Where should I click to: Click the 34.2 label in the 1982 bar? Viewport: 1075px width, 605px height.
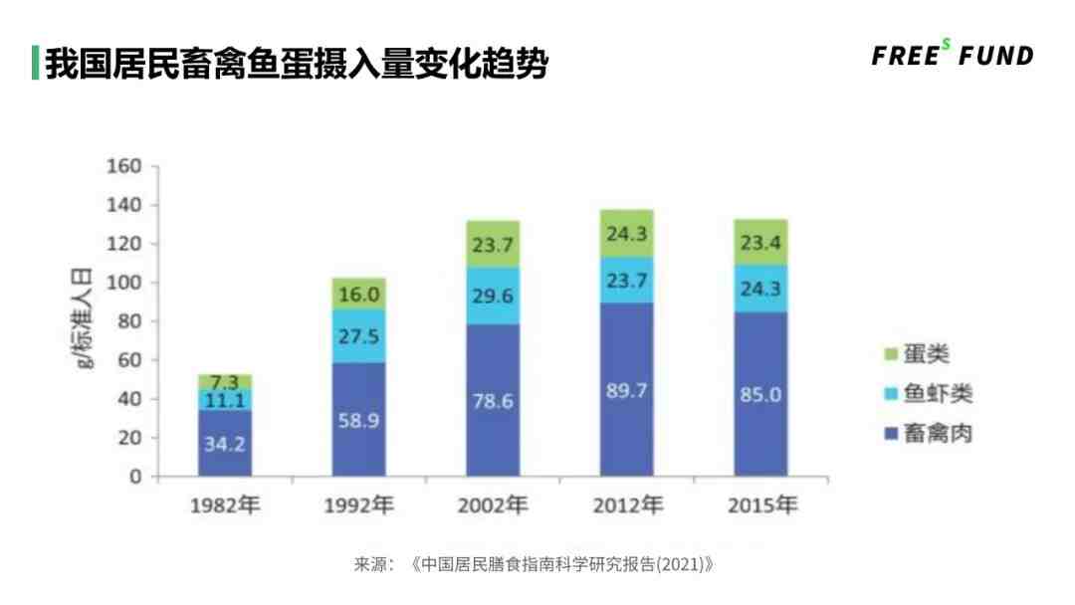click(224, 444)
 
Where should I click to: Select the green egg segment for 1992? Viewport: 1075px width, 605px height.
click(358, 294)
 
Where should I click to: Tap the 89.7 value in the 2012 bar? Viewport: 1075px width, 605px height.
click(626, 391)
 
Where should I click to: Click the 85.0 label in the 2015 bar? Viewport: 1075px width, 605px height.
click(760, 395)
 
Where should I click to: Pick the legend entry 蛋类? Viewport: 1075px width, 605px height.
click(917, 355)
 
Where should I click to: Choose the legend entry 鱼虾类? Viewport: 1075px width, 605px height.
click(927, 394)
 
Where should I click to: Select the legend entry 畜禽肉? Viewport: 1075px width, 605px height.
click(927, 434)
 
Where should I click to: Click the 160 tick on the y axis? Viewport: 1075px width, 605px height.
click(124, 166)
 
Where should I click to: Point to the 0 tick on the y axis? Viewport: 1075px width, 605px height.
click(134, 477)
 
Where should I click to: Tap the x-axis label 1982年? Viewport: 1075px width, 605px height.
click(224, 505)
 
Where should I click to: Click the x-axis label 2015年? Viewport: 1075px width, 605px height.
click(761, 505)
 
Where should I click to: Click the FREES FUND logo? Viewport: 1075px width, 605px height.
click(953, 55)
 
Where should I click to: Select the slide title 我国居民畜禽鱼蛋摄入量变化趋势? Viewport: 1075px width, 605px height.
click(297, 62)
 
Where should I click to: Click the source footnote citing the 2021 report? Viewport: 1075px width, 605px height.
click(535, 564)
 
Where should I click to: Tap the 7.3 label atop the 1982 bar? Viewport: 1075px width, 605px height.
click(224, 383)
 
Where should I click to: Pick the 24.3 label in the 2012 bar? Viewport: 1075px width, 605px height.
click(626, 238)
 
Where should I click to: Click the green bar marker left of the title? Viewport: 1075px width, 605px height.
click(36, 62)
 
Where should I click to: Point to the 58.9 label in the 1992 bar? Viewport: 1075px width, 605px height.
click(358, 421)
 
